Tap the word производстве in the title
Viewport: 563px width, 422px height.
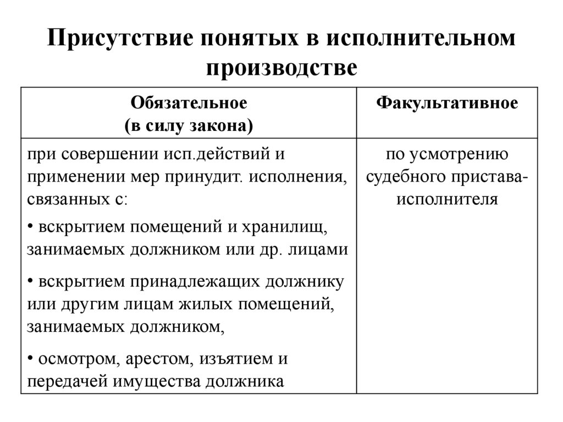281,69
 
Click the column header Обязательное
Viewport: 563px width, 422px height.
189,103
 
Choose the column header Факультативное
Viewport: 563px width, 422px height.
446,103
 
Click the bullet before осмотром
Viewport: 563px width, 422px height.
29,359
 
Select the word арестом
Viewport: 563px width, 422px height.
156,359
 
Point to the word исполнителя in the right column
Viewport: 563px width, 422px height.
446,199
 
